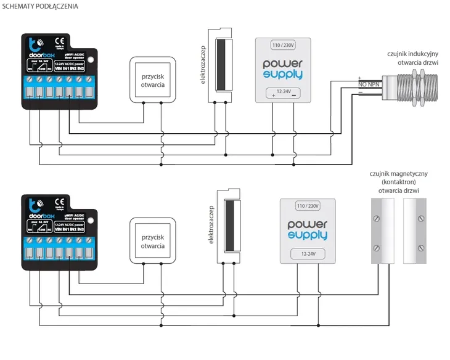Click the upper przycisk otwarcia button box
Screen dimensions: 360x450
152,79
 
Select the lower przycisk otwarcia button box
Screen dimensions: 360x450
152,241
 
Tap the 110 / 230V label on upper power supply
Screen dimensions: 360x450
284,45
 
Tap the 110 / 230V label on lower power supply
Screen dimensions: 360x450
308,205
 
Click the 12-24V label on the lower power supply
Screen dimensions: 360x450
308,253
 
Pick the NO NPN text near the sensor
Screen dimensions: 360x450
367,84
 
